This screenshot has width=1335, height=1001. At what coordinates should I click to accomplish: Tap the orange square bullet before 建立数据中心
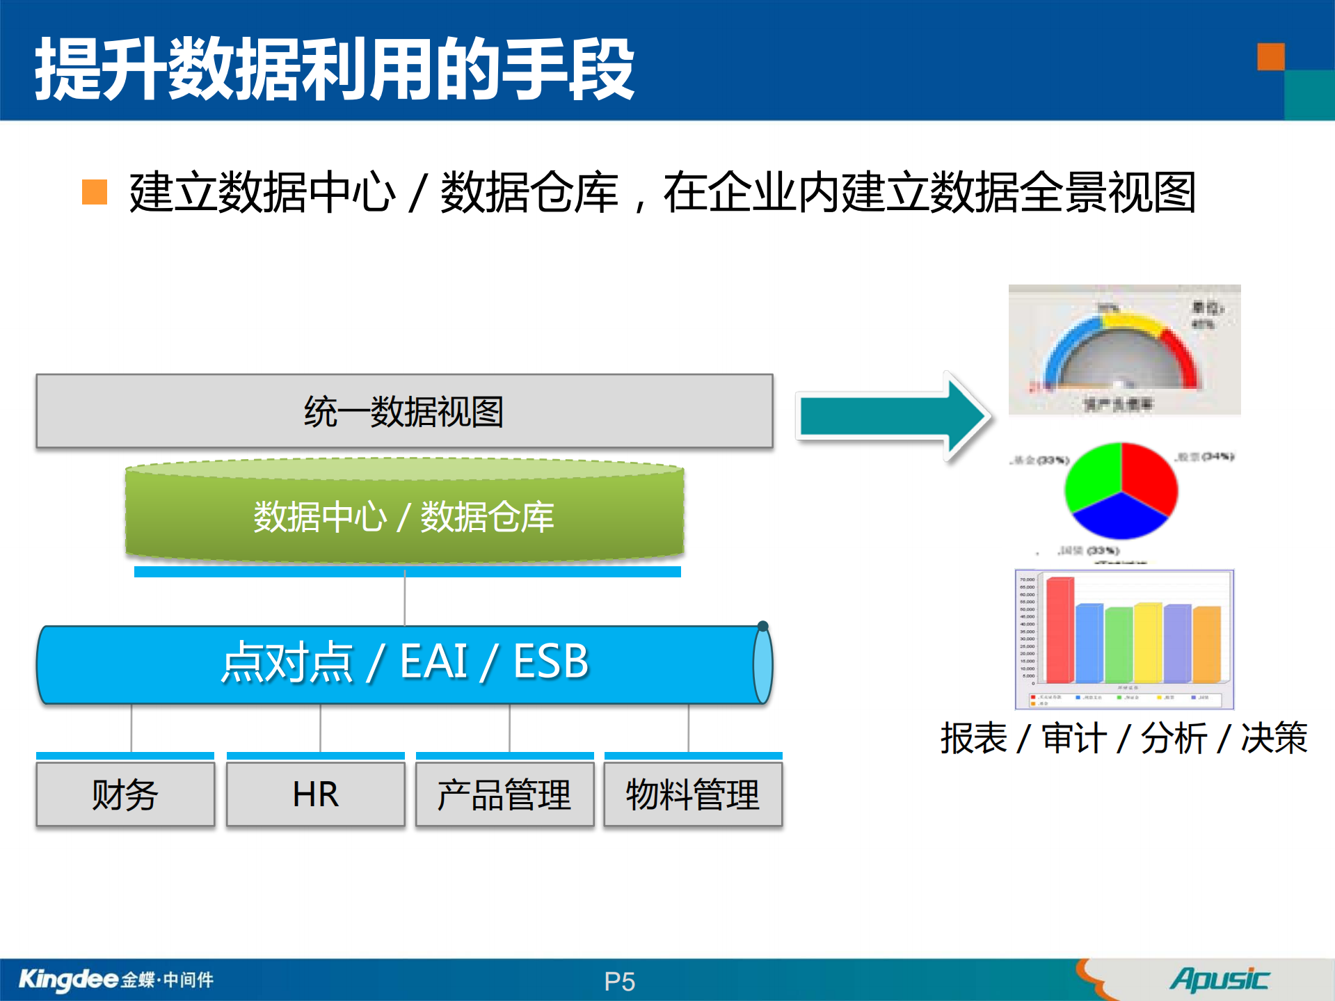pyautogui.click(x=95, y=192)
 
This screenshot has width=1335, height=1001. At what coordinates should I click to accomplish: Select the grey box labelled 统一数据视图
pyautogui.click(x=404, y=411)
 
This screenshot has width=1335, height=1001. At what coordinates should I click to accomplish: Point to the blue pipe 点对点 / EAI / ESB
pyautogui.click(x=404, y=663)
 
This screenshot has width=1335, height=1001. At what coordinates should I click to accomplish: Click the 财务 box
pyautogui.click(x=125, y=794)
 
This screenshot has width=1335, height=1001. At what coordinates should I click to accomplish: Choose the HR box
pyautogui.click(x=315, y=794)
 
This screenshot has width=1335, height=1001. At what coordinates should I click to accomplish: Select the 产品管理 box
pyautogui.click(x=504, y=794)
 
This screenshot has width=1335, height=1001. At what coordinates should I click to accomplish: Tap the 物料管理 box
pyautogui.click(x=693, y=794)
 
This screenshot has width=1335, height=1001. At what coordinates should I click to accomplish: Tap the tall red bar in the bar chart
pyautogui.click(x=1060, y=630)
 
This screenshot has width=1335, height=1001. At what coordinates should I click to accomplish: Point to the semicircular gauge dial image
pyautogui.click(x=1124, y=350)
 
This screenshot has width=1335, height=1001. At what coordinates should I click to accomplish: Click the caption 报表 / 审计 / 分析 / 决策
pyautogui.click(x=1124, y=738)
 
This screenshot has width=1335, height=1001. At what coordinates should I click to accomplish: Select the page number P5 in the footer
pyautogui.click(x=619, y=982)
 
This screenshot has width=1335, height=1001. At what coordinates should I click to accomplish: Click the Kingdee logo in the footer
pyautogui.click(x=70, y=979)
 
